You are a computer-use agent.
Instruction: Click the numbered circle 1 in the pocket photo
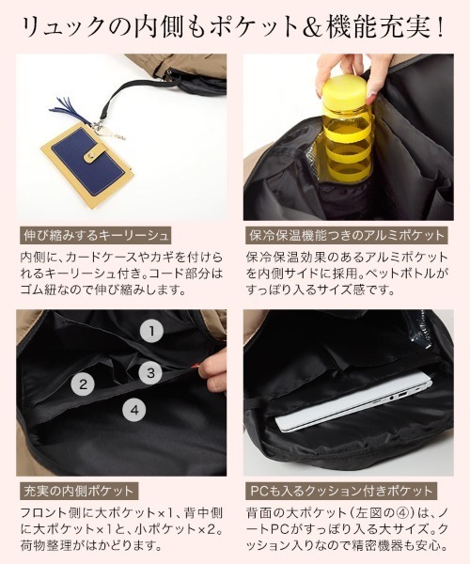point(151,331)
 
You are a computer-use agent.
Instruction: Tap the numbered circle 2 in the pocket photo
point(83,384)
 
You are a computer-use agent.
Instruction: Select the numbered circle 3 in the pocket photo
point(150,372)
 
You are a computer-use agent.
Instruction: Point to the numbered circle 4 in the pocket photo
point(134,410)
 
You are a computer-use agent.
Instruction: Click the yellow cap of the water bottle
point(345,89)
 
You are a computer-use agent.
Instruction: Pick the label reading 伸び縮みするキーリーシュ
point(95,236)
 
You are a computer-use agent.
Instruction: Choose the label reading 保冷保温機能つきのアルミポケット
point(347,236)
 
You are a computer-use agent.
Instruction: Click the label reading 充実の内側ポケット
point(78,491)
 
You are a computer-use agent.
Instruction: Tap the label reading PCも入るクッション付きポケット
point(341,491)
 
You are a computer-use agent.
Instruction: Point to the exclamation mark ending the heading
point(440,27)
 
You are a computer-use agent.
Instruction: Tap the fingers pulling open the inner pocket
point(214,370)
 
